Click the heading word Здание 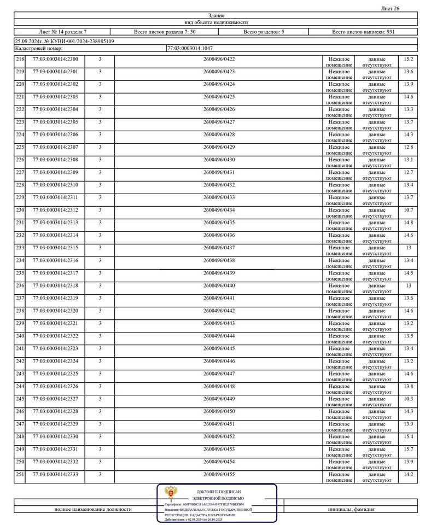point(216,15)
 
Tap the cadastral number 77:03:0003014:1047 point(190,49)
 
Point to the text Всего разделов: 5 point(264,32)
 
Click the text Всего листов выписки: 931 point(363,32)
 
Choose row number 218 point(20,59)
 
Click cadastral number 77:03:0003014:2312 point(55,210)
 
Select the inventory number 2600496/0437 point(219,248)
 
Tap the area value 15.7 point(408,449)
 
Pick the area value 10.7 point(408,210)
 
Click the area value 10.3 point(408,399)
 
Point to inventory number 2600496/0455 point(219,474)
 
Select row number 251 point(20,474)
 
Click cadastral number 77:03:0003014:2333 point(55,474)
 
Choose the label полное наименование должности point(93,509)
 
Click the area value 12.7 point(408,172)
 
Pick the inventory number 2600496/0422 point(219,59)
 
